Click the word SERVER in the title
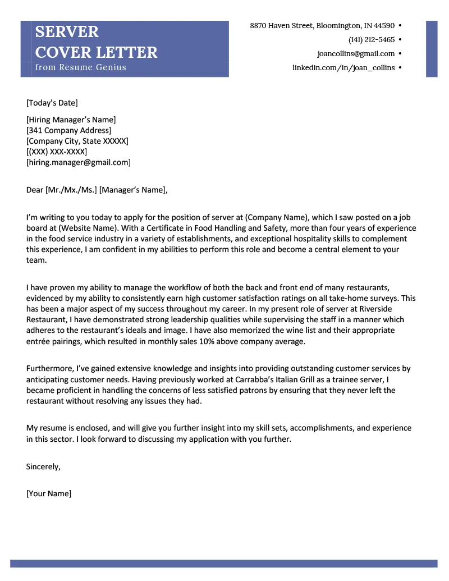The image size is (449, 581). pos(67,31)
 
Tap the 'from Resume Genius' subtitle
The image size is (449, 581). pos(81,67)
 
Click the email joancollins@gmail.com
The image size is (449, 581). pos(356,53)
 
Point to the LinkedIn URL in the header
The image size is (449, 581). pos(343,67)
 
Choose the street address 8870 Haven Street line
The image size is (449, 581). pos(322,25)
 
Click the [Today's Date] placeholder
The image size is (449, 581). pos(52,103)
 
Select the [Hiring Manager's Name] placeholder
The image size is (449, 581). pos(71,120)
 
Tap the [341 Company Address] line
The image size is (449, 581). pos(68,130)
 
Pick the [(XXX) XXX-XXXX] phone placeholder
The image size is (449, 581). pos(57,152)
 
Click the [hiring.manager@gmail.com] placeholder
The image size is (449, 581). pos(78,162)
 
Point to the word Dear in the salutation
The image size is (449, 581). pos(34,190)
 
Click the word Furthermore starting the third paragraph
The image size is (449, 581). pos(50,369)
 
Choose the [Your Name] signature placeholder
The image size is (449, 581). pos(49,494)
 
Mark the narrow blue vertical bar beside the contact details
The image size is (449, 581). pos(431,48)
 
